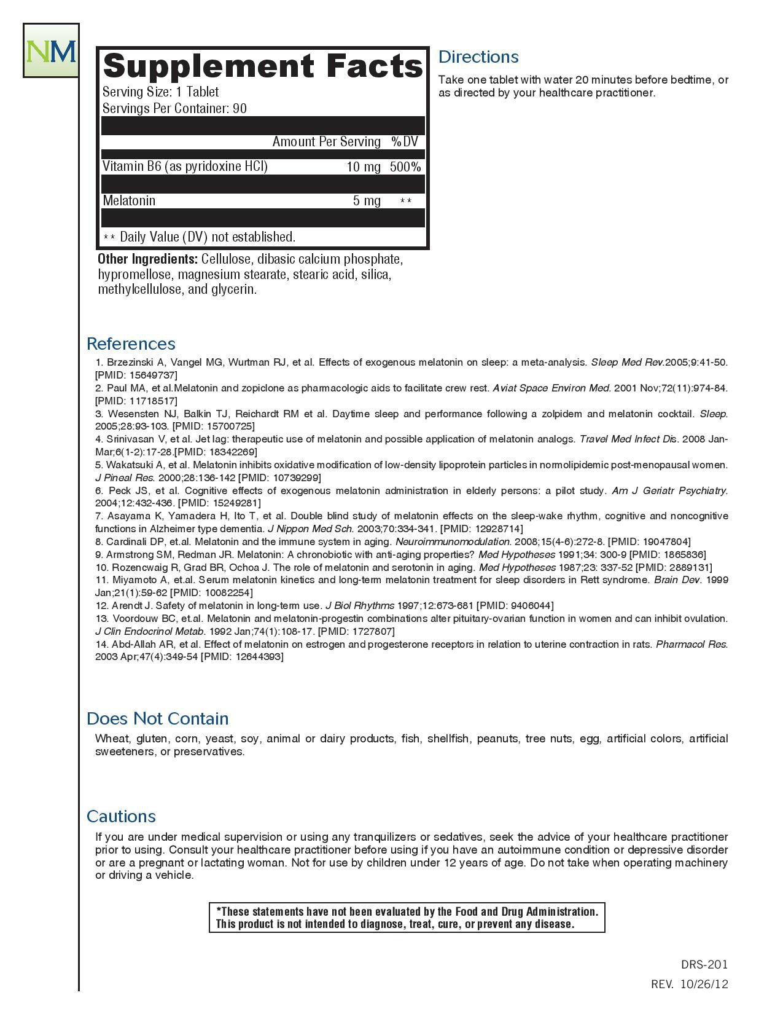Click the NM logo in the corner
52,51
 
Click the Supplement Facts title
263,66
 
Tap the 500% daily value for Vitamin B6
405,167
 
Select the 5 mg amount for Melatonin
367,201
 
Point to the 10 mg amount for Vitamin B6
364,167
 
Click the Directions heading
478,57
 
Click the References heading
131,344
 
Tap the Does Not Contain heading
157,718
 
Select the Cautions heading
121,816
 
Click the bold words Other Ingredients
147,259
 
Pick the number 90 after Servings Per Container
240,109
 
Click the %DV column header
404,142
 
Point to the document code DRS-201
704,965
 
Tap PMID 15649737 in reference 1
136,375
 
